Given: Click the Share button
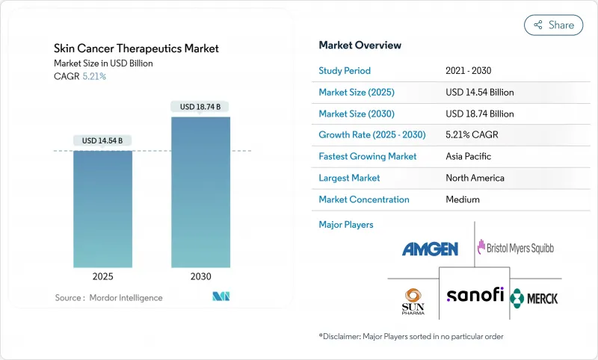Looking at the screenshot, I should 553,25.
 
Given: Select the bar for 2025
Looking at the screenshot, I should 102,209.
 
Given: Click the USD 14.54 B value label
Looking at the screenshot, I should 102,140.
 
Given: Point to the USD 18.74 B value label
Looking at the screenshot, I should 200,107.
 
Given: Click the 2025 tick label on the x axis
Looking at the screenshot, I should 102,276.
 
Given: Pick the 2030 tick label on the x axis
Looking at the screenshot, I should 200,276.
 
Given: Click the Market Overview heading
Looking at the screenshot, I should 360,46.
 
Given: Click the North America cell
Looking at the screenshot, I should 475,178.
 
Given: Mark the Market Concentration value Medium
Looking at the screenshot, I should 462,199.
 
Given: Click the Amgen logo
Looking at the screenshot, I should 430,249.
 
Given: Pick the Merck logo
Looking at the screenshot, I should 534,298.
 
